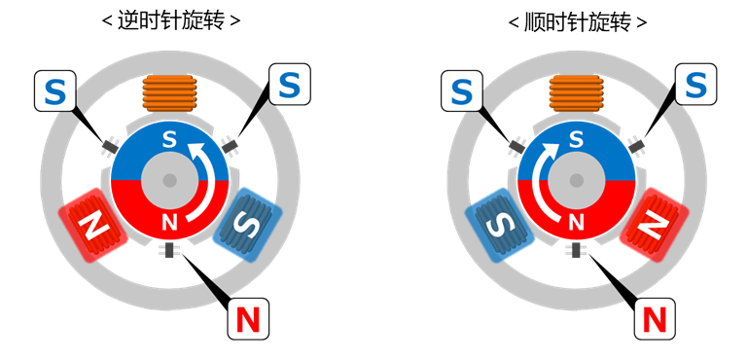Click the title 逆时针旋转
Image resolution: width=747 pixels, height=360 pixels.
pyautogui.click(x=170, y=20)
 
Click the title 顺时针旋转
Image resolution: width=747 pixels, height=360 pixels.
pyautogui.click(x=577, y=20)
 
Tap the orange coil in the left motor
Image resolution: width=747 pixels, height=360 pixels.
pyautogui.click(x=169, y=93)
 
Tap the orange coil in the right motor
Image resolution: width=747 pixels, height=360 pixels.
pyautogui.click(x=576, y=93)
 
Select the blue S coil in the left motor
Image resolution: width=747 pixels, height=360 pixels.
pyautogui.click(x=249, y=226)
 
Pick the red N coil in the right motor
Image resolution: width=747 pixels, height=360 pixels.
pyautogui.click(x=656, y=226)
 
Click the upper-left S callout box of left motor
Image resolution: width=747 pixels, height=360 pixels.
pyautogui.click(x=55, y=90)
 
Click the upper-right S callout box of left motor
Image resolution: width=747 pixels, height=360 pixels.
pyautogui.click(x=289, y=85)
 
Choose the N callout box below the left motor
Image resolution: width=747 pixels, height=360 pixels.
pyautogui.click(x=248, y=318)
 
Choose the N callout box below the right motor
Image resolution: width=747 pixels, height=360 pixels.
pyautogui.click(x=655, y=318)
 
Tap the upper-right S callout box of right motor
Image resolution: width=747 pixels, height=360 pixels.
pyautogui.click(x=695, y=85)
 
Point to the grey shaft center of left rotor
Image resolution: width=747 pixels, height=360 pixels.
pyautogui.click(x=169, y=181)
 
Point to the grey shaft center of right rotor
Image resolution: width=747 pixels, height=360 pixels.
pyautogui.click(x=576, y=181)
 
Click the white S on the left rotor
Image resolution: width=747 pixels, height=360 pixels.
pyautogui.click(x=169, y=140)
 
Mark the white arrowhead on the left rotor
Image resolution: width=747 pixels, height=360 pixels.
pyautogui.click(x=197, y=148)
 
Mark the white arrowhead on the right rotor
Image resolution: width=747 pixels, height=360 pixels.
pyautogui.click(x=548, y=148)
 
